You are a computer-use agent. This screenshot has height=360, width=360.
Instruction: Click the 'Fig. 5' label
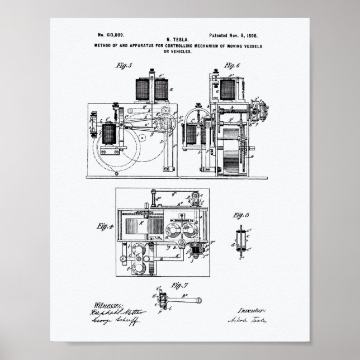tap(123, 64)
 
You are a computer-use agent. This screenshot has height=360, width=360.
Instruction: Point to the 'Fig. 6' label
tap(231, 65)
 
